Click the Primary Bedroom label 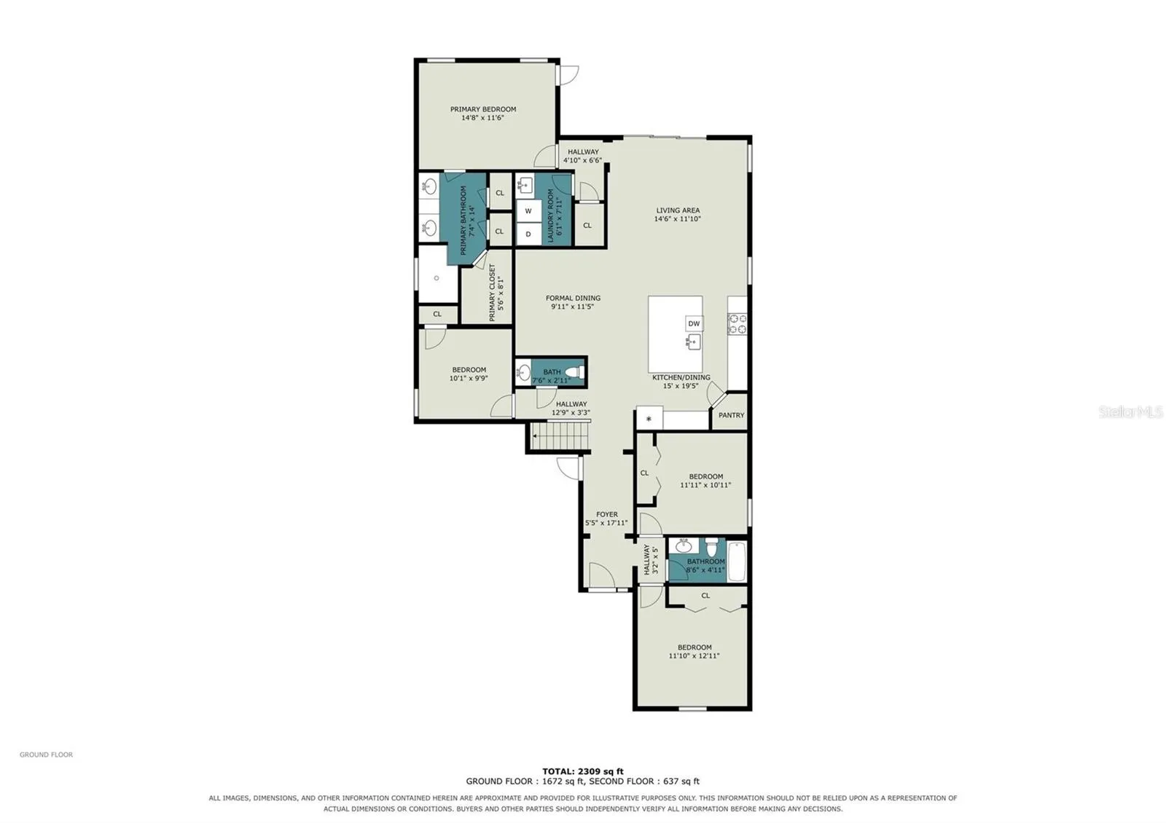pyautogui.click(x=483, y=109)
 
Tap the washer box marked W pyautogui.click(x=528, y=210)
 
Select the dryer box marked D pyautogui.click(x=528, y=234)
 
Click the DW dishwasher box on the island pyautogui.click(x=694, y=323)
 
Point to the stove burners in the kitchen pyautogui.click(x=737, y=323)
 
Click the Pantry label pyautogui.click(x=732, y=415)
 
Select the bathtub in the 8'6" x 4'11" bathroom pyautogui.click(x=737, y=562)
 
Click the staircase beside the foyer pyautogui.click(x=560, y=436)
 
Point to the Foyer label pyautogui.click(x=607, y=514)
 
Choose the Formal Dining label pyautogui.click(x=573, y=298)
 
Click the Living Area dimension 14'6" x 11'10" pyautogui.click(x=678, y=219)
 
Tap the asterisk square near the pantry pyautogui.click(x=649, y=418)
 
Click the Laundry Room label pyautogui.click(x=551, y=216)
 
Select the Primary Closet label pyautogui.click(x=493, y=292)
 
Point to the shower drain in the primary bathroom pyautogui.click(x=437, y=278)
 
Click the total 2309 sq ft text pyautogui.click(x=583, y=771)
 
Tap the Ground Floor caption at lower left pyautogui.click(x=47, y=755)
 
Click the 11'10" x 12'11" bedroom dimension pyautogui.click(x=694, y=656)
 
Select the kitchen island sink pyautogui.click(x=693, y=342)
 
